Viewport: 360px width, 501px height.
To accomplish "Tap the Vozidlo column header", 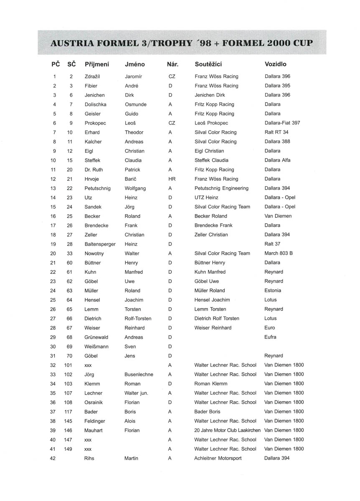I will tap(276, 64).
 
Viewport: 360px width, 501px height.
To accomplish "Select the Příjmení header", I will tap(97, 64).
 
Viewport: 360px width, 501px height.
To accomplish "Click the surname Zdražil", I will tap(92, 76).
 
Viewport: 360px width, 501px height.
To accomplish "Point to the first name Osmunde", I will tap(136, 104).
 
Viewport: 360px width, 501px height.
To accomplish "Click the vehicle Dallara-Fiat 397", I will tap(282, 123).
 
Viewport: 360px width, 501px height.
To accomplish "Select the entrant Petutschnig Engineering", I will tap(221, 188).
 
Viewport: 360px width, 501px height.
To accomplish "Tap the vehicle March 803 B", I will tap(279, 253).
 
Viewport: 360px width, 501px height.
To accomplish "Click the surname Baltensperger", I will tap(100, 244).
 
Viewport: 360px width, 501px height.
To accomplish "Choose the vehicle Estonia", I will tap(273, 291).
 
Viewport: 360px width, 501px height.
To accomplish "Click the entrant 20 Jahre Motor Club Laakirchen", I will tap(227, 430).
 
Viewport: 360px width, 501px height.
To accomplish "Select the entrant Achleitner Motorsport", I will tap(218, 458).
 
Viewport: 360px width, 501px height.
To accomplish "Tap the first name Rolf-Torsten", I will tap(138, 319).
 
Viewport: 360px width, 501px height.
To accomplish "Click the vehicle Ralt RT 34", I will tap(276, 132).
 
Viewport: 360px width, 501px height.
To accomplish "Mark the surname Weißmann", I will tap(97, 347).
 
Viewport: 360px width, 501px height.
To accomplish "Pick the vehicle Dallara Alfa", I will tap(278, 160).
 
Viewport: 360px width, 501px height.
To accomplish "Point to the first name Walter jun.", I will tap(137, 393).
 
